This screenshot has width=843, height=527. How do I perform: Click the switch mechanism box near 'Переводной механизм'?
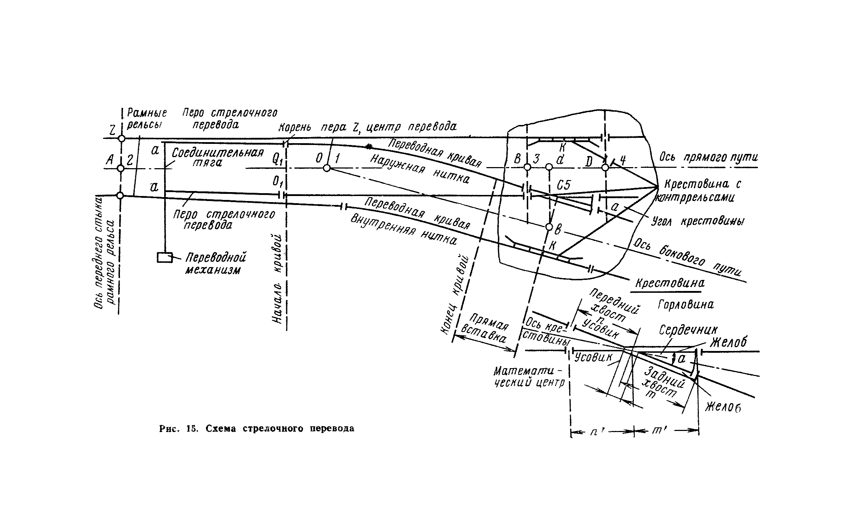click(165, 257)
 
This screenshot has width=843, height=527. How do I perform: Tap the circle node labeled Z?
click(122, 139)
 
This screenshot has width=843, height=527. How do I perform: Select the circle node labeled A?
click(121, 168)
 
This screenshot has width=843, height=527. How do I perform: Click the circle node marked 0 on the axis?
click(327, 168)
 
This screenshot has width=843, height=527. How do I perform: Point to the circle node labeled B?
click(527, 167)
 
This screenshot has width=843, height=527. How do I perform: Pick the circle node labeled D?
click(605, 167)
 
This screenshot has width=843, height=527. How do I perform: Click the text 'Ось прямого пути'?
click(708, 157)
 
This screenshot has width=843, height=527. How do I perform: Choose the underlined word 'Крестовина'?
click(670, 283)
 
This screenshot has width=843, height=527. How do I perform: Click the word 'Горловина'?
click(686, 305)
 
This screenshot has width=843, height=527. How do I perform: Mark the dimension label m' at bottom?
click(657, 431)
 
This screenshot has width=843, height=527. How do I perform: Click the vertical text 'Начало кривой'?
click(279, 279)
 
